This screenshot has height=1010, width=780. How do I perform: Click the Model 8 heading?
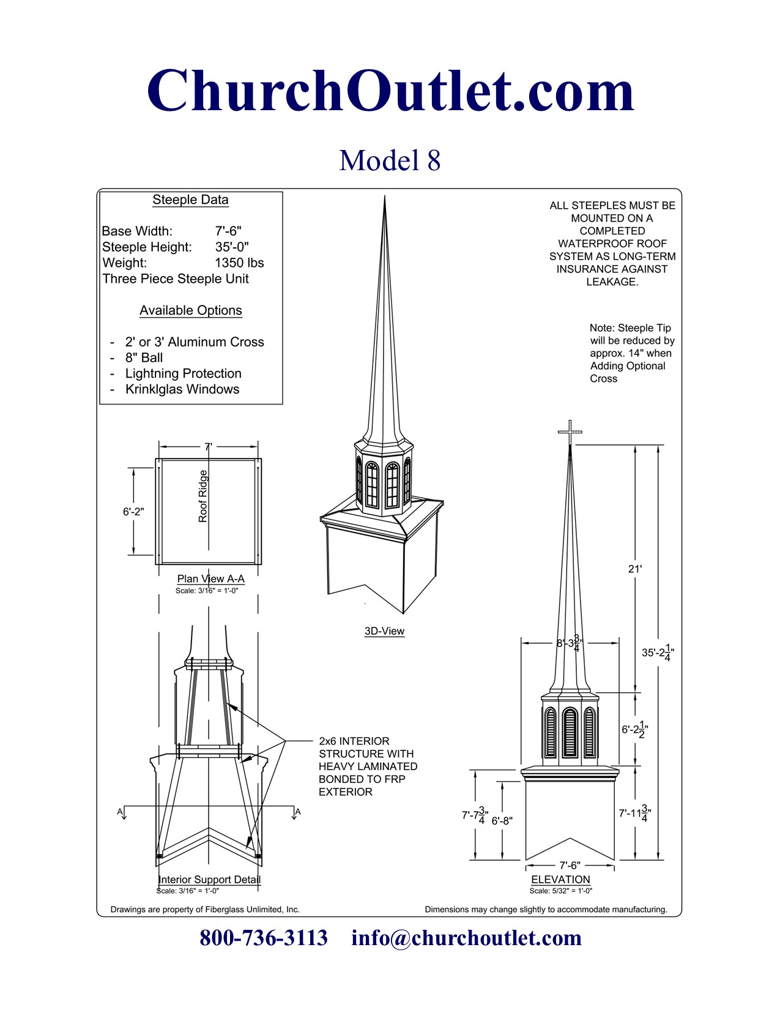(x=390, y=160)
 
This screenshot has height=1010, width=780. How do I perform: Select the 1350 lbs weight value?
(x=239, y=263)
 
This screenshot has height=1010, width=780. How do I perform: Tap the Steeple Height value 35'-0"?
(x=232, y=247)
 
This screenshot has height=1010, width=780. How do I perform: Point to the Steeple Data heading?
(x=190, y=200)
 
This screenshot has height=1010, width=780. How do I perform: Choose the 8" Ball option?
(x=144, y=358)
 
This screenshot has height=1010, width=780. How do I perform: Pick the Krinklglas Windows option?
(x=182, y=389)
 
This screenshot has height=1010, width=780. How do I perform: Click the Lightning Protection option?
(x=183, y=373)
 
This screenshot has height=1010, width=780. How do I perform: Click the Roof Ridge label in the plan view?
(x=203, y=496)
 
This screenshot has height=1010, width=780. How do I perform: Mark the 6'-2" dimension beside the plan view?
(x=133, y=512)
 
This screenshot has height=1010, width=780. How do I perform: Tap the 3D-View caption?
(x=384, y=631)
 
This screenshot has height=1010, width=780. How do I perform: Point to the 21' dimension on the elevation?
(x=635, y=569)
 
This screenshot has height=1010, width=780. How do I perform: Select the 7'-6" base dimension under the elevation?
(x=570, y=866)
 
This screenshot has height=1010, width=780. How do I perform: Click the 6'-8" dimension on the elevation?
(x=502, y=821)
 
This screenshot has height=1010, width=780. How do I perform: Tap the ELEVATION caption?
(x=560, y=880)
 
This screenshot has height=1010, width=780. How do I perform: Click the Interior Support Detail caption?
(x=209, y=880)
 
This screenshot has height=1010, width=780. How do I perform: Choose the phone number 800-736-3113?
(x=264, y=938)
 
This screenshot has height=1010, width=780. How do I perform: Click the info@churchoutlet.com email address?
(x=466, y=938)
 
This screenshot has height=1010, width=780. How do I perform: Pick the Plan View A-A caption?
(x=210, y=578)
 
